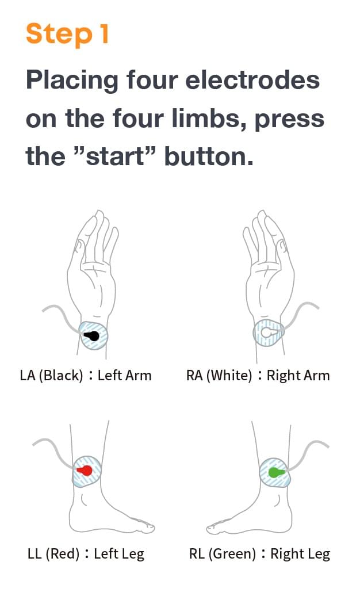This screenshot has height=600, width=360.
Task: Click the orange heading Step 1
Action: [67, 34]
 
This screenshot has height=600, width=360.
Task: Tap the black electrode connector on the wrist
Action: [92, 337]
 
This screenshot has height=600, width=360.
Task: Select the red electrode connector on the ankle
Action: [85, 471]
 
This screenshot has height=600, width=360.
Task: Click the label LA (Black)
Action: [51, 376]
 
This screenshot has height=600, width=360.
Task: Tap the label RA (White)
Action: [219, 376]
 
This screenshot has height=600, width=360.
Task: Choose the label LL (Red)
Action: [53, 554]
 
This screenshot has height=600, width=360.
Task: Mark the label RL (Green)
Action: [223, 554]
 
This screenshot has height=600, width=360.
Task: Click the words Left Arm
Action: [125, 376]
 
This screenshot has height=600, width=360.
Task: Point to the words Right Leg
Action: [300, 554]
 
